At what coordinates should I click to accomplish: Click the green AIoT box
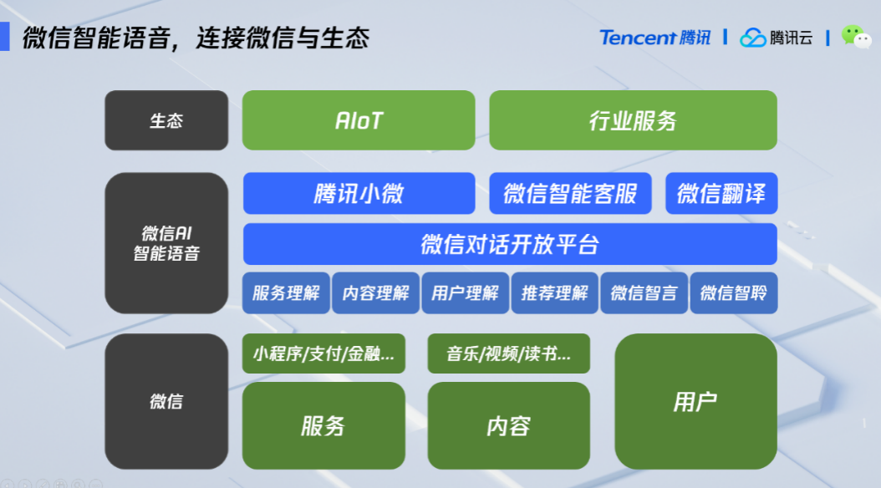(359, 120)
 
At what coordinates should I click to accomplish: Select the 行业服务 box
(634, 120)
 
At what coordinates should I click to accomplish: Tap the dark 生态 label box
(166, 120)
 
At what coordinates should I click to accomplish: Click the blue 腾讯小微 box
(359, 193)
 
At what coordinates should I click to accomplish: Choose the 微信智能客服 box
(570, 193)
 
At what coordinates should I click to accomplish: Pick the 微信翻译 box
(721, 193)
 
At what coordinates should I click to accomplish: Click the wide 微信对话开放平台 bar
(510, 244)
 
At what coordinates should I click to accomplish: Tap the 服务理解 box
(286, 292)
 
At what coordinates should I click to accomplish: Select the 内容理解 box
(375, 292)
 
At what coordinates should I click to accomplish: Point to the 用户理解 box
(466, 292)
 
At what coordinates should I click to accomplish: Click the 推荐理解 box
(554, 292)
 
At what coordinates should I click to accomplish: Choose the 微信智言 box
(644, 292)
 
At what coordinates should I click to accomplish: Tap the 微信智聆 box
(734, 292)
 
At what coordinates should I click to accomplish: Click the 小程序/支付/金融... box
(323, 353)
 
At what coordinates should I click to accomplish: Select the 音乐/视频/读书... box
(508, 353)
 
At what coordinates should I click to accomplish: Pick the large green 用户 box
(696, 402)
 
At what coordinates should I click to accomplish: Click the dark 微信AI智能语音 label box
(166, 243)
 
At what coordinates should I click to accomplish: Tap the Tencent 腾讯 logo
(655, 38)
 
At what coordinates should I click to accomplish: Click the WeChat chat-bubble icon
(856, 37)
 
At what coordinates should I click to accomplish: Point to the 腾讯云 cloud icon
(753, 38)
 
